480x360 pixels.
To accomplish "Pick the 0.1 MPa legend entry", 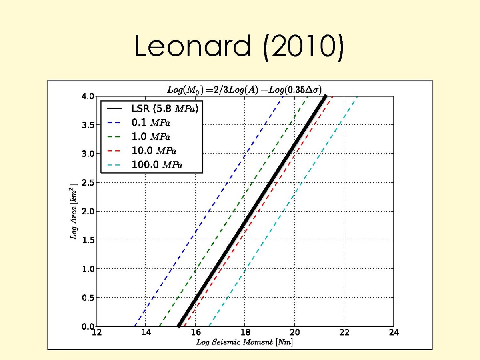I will [x=154, y=122].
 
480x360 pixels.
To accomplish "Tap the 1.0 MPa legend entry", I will [x=154, y=136].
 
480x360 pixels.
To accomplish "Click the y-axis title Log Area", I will [x=74, y=212].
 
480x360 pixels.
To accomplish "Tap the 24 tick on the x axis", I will [x=394, y=333].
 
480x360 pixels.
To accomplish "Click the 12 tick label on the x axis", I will [x=96, y=333].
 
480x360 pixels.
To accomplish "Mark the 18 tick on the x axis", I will [x=245, y=333].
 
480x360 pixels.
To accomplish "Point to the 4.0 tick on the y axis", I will [x=88, y=96].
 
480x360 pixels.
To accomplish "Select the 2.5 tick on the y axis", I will [x=88, y=183].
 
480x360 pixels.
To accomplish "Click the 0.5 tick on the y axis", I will [x=88, y=298].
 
